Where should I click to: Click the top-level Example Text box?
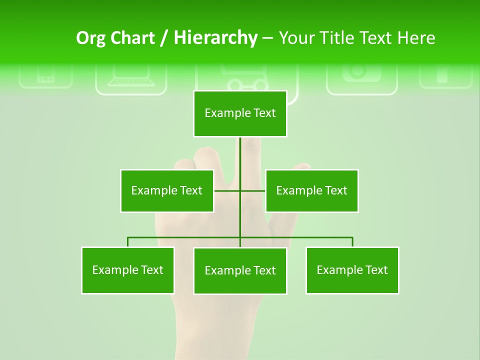pyautogui.click(x=240, y=113)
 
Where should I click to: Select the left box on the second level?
pyautogui.click(x=167, y=190)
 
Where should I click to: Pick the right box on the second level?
pyautogui.click(x=311, y=190)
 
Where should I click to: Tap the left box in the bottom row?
pyautogui.click(x=127, y=270)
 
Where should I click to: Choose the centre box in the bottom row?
pyautogui.click(x=240, y=270)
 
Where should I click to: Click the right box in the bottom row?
pyautogui.click(x=352, y=270)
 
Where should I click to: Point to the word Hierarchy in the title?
pyautogui.click(x=215, y=38)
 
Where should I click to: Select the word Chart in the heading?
pyautogui.click(x=132, y=38)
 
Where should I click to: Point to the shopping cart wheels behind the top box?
pyautogui.click(x=247, y=86)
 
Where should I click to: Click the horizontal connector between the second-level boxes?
pyautogui.click(x=227, y=190)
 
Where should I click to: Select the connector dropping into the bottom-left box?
pyautogui.click(x=128, y=242)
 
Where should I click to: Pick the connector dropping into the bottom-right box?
pyautogui.click(x=352, y=242)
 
